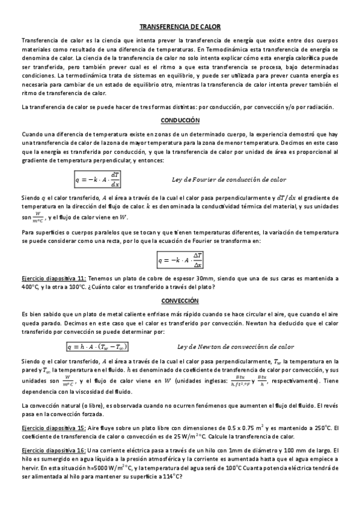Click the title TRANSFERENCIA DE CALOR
(x=180, y=27)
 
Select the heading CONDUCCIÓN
(x=180, y=120)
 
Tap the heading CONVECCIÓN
(x=180, y=300)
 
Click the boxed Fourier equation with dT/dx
(x=99, y=179)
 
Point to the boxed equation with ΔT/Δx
(x=180, y=260)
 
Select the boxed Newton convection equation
(x=98, y=346)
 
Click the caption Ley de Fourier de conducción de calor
(x=229, y=179)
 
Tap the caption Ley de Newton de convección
(x=236, y=346)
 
